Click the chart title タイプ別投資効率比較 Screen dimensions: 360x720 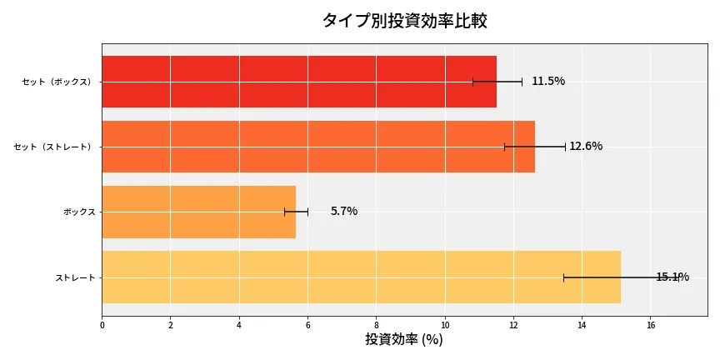(404, 21)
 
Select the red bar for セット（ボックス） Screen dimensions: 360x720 (298, 82)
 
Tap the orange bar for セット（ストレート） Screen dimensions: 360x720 (317, 147)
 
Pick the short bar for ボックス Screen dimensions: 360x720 (198, 212)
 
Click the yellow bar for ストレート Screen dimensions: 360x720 (361, 277)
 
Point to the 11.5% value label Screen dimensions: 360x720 (547, 82)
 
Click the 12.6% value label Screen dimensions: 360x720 (585, 147)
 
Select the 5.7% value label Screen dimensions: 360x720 (343, 212)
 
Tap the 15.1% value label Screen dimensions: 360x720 (672, 277)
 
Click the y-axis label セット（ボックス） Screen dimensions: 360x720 (57, 82)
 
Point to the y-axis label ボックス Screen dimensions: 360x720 (79, 212)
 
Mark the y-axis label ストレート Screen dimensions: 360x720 (75, 277)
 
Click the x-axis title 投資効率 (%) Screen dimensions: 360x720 (404, 340)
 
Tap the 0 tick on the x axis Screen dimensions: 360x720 (102, 325)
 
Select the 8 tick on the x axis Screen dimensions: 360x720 (376, 325)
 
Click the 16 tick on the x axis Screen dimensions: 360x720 (650, 325)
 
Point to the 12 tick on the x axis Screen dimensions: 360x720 (513, 325)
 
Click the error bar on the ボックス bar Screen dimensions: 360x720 (296, 212)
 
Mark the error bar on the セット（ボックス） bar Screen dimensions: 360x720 (497, 82)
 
